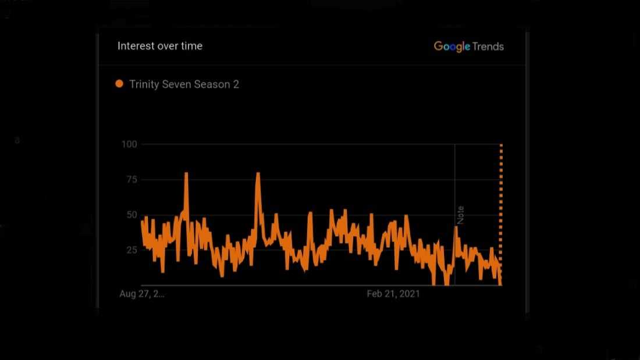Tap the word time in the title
point(191,46)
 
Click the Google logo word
point(451,47)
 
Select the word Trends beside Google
point(488,47)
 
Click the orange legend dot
point(119,84)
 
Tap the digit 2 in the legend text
point(236,84)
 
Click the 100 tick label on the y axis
point(129,144)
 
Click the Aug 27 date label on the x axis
point(142,294)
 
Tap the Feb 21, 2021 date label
point(393,294)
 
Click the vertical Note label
point(460,215)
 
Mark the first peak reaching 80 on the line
point(186,173)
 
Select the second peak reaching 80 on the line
point(258,173)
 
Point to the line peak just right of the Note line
point(457,228)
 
